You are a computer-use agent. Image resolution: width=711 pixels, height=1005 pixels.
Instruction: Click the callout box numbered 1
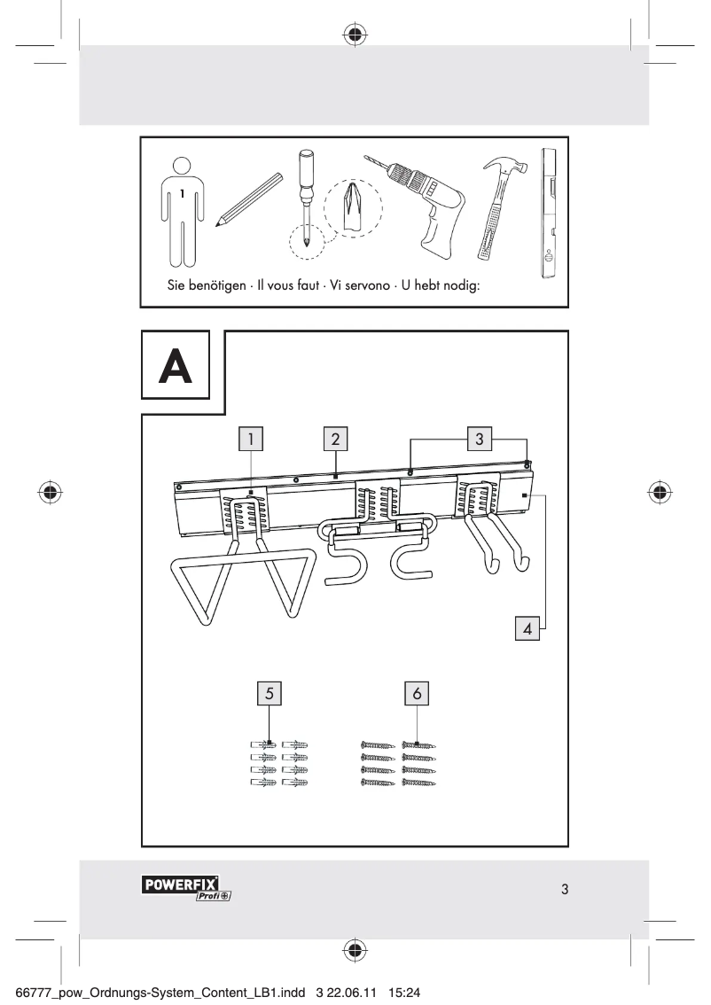pos(252,438)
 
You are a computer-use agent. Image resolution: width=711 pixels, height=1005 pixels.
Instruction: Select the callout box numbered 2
pos(334,438)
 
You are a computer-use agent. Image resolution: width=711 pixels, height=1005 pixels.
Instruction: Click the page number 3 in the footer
pos(565,889)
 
